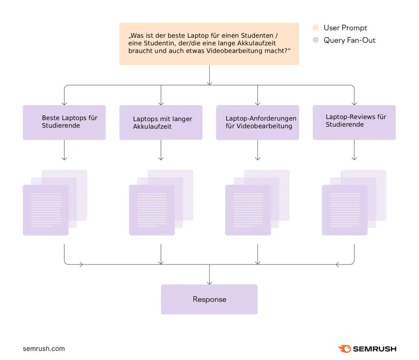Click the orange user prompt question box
click(209, 44)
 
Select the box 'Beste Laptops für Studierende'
click(64, 122)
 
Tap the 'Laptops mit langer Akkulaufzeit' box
click(161, 122)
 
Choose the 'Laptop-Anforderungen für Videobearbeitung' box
click(258, 122)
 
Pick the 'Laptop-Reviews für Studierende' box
click(354, 122)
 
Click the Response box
click(209, 299)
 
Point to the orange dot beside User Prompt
click(315, 27)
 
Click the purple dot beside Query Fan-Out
click(315, 40)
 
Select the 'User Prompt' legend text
click(345, 28)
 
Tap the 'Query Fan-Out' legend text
click(349, 41)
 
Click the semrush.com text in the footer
click(44, 349)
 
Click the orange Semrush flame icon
click(345, 349)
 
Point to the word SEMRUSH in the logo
click(375, 349)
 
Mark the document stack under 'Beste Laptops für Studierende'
click(55, 203)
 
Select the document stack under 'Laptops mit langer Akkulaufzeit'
click(161, 203)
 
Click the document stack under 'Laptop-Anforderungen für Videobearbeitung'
click(257, 203)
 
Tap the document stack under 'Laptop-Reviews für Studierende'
click(354, 203)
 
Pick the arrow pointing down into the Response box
click(209, 275)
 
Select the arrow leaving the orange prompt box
click(209, 75)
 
